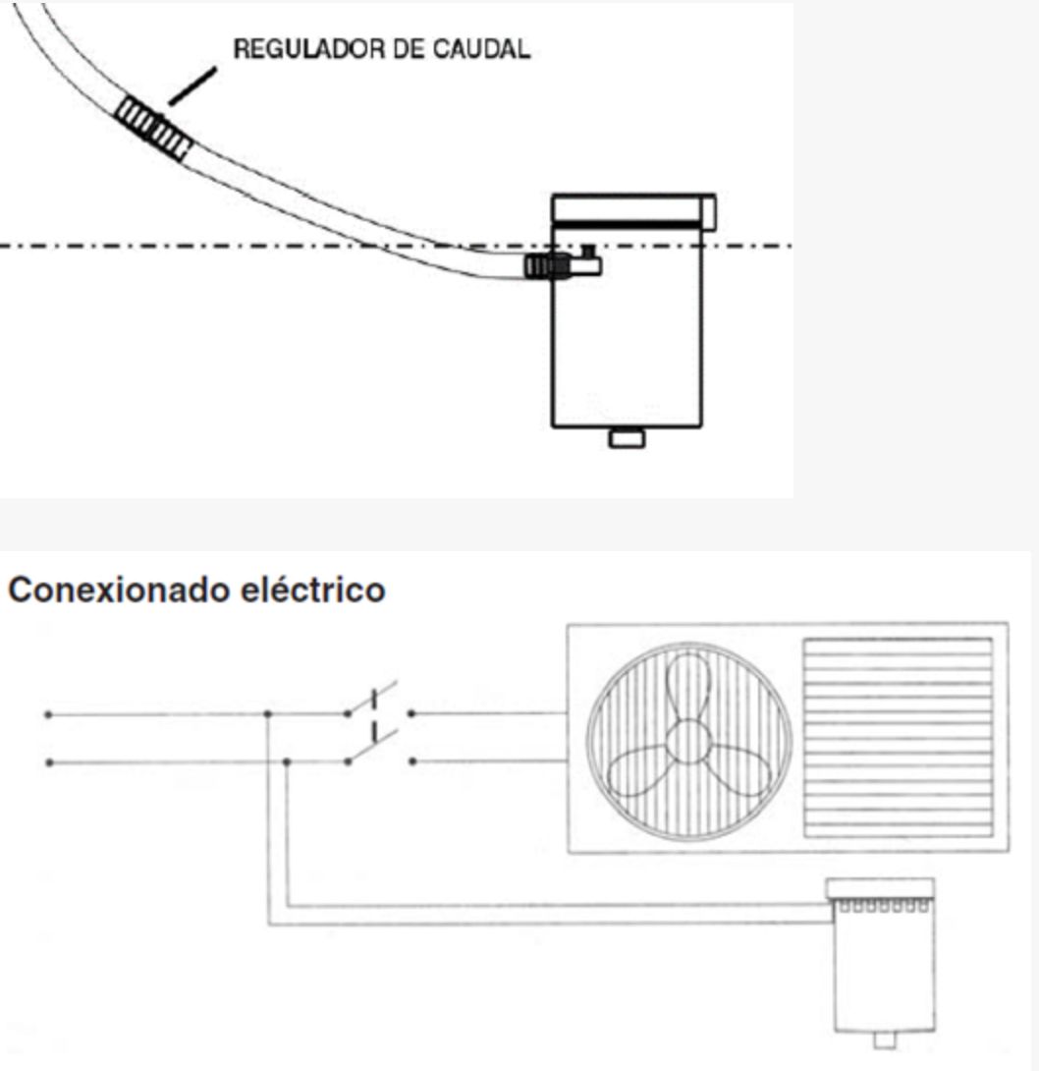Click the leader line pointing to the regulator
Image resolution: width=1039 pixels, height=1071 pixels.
click(x=192, y=86)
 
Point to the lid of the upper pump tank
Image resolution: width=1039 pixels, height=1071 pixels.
click(x=633, y=211)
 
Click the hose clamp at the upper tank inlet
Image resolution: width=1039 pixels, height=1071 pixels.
click(x=547, y=266)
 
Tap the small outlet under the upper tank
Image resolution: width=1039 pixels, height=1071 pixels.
click(x=627, y=438)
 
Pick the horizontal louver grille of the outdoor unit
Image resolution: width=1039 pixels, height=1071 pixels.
click(x=898, y=738)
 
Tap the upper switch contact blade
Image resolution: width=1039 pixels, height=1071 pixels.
click(x=372, y=698)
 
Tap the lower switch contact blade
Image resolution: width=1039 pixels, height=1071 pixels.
click(x=372, y=745)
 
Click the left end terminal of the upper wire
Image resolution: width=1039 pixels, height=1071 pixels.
click(x=48, y=715)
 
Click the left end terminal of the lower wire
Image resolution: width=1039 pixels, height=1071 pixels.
click(x=48, y=762)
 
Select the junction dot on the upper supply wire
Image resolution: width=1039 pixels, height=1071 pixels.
click(x=267, y=714)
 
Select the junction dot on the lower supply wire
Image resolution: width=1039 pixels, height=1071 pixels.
click(x=287, y=761)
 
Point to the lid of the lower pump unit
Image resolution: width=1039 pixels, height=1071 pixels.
click(x=880, y=889)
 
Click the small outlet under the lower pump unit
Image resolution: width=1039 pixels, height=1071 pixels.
click(x=885, y=1041)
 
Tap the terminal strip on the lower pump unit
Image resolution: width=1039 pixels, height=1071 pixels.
click(x=883, y=907)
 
